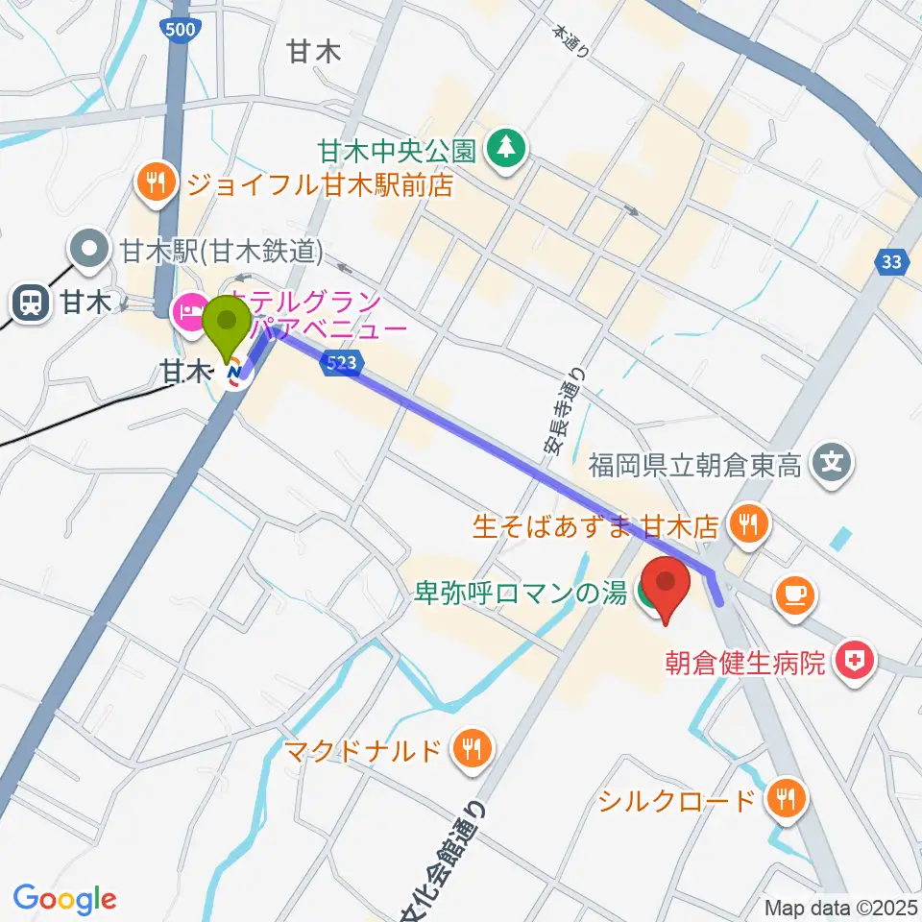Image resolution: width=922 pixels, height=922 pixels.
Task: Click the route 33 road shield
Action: (x=892, y=260)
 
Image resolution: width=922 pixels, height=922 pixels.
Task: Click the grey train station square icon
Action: (x=32, y=303)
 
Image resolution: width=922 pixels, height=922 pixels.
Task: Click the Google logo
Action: (x=63, y=898)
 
